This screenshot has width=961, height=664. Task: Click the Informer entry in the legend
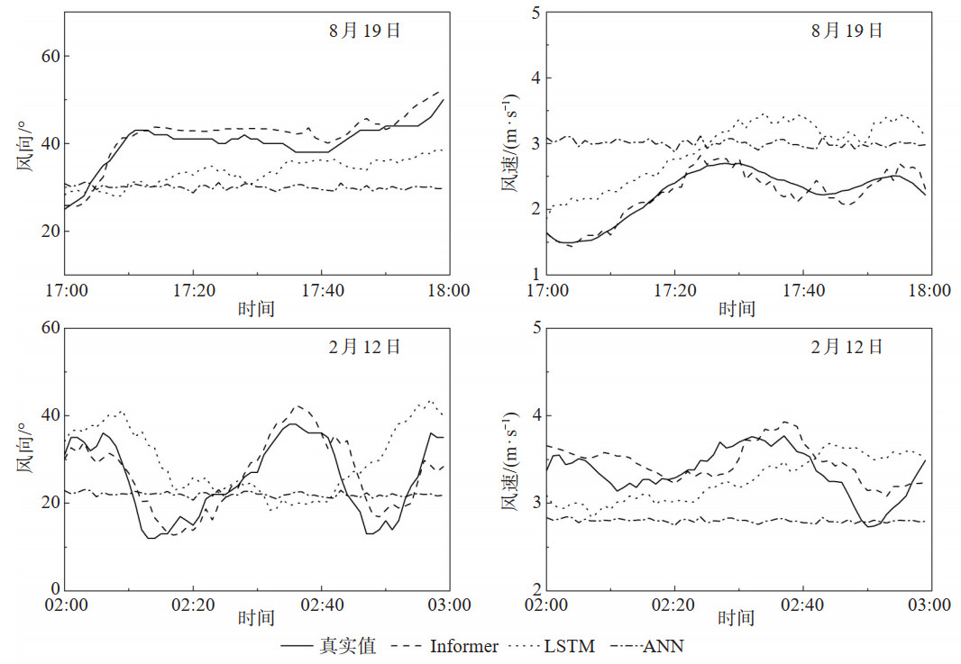click(463, 646)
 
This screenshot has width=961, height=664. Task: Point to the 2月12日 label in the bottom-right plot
click(847, 346)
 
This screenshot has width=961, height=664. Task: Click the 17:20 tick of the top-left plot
click(192, 290)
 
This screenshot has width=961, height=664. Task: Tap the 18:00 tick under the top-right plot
click(929, 290)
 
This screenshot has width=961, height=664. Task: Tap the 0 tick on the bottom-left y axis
click(53, 590)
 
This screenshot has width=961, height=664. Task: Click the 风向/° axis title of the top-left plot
click(23, 143)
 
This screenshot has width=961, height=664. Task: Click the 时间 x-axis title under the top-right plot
click(737, 309)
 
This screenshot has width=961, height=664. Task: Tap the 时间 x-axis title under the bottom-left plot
click(256, 619)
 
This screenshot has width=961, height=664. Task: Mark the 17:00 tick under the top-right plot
click(547, 290)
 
